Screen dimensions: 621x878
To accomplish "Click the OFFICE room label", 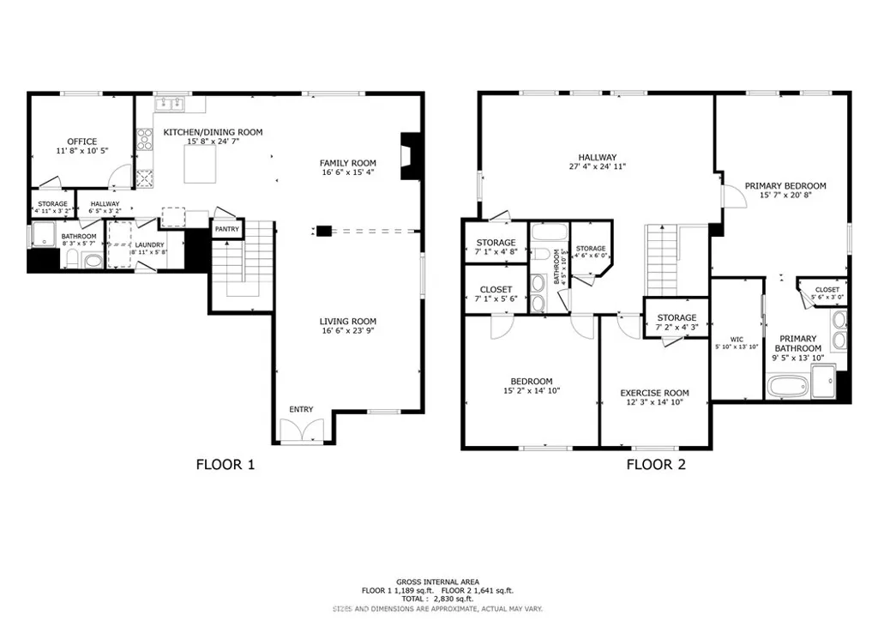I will [82, 142].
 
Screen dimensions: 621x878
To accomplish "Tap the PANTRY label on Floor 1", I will [226, 229].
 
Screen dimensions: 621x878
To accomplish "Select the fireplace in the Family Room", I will [411, 155].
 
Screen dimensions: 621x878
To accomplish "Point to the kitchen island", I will [202, 162].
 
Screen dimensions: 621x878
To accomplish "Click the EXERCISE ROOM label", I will [654, 393].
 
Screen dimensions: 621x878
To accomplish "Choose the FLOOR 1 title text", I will [226, 466].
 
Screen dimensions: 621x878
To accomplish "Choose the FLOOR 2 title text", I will [656, 466].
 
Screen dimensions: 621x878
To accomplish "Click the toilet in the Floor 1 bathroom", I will [73, 260].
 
